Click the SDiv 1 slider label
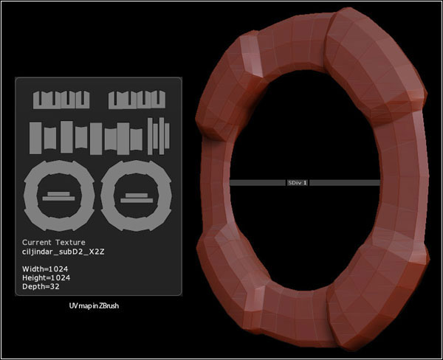tap(298, 182)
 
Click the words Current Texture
tap(53, 242)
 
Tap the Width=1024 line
tap(44, 269)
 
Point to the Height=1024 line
tap(46, 277)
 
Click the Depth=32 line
tap(40, 286)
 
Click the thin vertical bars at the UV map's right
tap(159, 136)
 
